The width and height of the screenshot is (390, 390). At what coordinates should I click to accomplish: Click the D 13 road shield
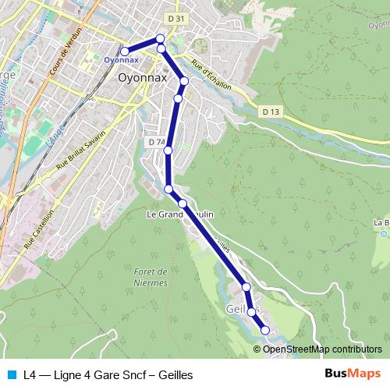tap(271, 112)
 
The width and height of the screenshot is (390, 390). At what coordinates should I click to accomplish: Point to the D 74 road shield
tap(156, 143)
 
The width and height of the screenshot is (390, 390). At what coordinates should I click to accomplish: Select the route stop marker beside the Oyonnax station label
tap(125, 51)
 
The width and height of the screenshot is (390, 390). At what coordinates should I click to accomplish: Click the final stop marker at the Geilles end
tap(264, 330)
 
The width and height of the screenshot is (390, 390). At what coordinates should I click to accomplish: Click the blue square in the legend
tap(11, 374)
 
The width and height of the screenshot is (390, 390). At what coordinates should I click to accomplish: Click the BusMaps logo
tap(353, 374)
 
